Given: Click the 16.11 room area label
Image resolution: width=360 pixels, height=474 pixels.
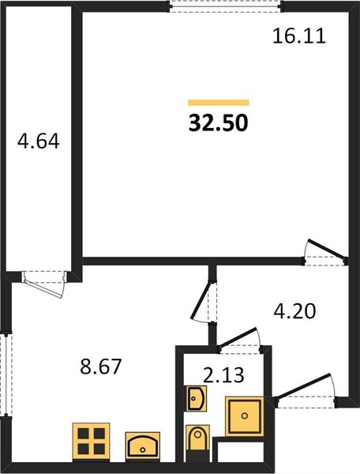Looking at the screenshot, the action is tap(299, 36).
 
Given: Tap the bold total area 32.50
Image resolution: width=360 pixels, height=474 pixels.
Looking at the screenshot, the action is tap(219, 123).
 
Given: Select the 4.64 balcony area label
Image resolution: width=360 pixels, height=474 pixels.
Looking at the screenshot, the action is tap(39, 141).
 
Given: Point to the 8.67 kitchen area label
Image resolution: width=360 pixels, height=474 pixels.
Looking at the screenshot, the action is tap(100, 366).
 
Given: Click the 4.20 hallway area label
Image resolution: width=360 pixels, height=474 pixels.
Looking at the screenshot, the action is tap(294, 311).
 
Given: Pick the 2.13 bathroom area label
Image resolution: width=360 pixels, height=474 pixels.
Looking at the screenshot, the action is tap(223, 375).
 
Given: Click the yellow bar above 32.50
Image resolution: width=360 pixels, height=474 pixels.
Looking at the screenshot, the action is tap(219, 103).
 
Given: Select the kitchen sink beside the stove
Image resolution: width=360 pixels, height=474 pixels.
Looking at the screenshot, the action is tap(143, 446).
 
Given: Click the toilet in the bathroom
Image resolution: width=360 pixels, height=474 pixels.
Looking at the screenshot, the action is tap(197, 443).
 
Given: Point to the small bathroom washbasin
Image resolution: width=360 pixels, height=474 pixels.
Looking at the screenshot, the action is tap(197, 398).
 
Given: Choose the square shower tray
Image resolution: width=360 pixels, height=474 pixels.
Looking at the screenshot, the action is tap(244, 416).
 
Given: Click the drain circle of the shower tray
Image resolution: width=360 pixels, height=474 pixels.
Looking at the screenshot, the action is tap(245, 416).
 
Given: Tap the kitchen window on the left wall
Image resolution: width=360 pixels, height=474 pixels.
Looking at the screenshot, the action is tap(6, 374).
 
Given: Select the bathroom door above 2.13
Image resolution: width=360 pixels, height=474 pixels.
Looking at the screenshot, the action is tap(240, 340).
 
